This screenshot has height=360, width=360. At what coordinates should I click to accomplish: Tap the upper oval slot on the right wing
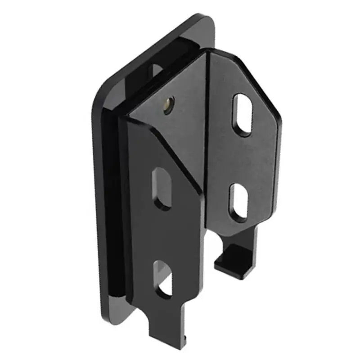pos(242,114)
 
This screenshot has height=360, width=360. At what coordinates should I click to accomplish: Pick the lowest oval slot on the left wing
pos(163,279)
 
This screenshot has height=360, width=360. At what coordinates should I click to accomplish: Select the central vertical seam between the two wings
pos(206,135)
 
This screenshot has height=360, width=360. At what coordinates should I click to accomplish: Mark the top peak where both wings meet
pos(208,52)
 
